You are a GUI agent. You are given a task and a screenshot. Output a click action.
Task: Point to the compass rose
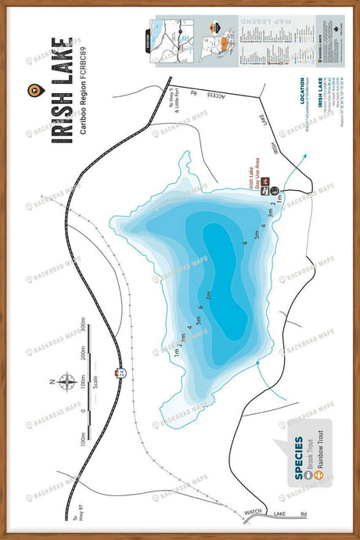click(67, 383)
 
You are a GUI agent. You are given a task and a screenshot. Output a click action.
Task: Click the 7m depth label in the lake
click(209, 296)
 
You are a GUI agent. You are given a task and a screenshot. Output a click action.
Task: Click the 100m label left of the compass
click(84, 449)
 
